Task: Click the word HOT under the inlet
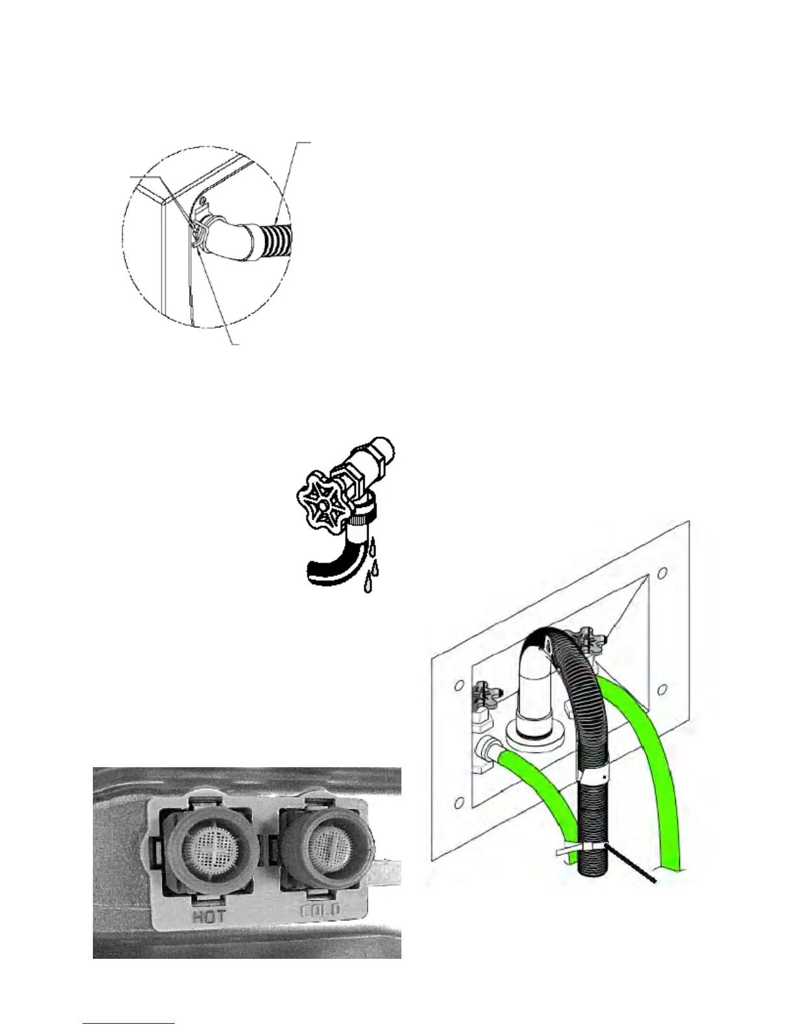pyautogui.click(x=210, y=917)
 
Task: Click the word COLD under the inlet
pyautogui.click(x=320, y=912)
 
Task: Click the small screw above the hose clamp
pyautogui.click(x=203, y=200)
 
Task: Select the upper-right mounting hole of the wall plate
pyautogui.click(x=662, y=574)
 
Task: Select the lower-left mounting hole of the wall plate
pyautogui.click(x=459, y=804)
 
